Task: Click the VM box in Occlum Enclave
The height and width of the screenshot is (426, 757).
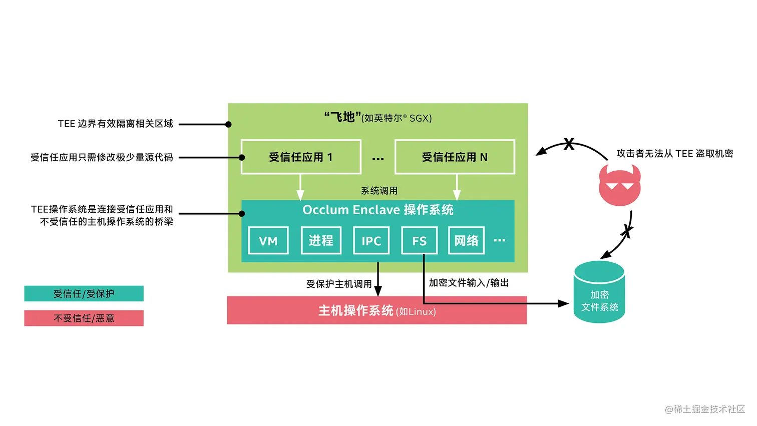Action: pos(268,241)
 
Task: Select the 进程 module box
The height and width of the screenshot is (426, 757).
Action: pos(321,241)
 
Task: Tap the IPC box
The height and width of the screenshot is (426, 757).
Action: pos(371,241)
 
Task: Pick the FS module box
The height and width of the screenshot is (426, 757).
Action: pos(419,241)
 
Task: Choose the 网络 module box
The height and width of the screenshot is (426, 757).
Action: pos(466,241)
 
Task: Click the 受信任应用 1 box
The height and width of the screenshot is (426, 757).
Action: pos(301,157)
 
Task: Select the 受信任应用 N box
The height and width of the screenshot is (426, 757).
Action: pos(455,157)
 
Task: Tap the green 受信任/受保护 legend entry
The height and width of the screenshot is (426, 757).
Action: pos(84,294)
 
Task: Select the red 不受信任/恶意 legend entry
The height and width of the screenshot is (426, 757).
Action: pos(84,318)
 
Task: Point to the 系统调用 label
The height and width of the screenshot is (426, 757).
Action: pos(379,191)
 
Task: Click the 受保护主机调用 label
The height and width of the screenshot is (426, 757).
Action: pos(339,284)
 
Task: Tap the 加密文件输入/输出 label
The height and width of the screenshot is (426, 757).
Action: pos(469,283)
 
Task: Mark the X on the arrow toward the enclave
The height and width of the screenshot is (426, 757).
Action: pos(569,144)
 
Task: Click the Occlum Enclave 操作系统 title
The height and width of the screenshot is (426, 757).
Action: pos(378,210)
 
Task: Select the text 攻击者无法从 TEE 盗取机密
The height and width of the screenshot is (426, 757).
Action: pos(674,154)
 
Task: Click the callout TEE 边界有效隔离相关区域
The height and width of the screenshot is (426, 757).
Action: pos(115,124)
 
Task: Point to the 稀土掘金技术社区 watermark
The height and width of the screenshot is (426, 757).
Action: pos(705,409)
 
